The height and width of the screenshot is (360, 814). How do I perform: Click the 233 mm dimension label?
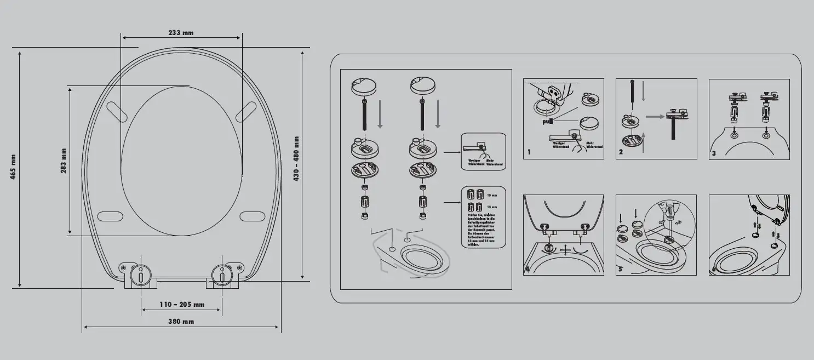pos(181,33)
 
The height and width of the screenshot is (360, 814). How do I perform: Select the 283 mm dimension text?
pos(64,161)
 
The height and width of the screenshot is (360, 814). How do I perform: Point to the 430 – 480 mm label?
pos(296,159)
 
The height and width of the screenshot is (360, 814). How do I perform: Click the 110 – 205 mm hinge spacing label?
pos(182,305)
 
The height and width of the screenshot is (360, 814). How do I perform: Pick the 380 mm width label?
pos(181,322)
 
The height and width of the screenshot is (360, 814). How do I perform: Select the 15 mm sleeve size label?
pos(491,195)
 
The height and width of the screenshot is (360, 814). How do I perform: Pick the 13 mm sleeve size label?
pos(491,207)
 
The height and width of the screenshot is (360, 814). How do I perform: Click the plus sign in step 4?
pos(564,249)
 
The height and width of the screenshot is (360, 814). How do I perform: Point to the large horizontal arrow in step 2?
pos(655,116)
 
